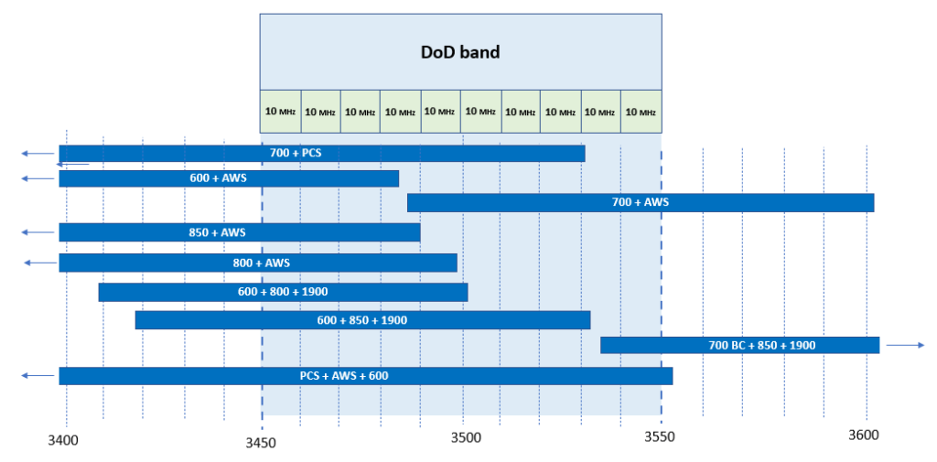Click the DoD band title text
[460, 51]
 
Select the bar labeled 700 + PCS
[321, 153]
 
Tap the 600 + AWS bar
[229, 178]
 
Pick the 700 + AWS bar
[641, 203]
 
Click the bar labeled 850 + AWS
[239, 232]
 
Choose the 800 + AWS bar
[258, 263]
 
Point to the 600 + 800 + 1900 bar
[283, 292]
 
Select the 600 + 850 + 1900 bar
[362, 320]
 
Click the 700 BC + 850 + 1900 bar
[739, 345]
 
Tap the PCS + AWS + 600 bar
[365, 376]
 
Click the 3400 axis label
[63, 441]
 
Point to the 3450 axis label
[263, 442]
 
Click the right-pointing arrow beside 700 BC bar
[906, 345]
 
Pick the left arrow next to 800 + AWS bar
[40, 263]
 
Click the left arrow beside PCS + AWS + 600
[38, 376]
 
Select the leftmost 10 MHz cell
[280, 112]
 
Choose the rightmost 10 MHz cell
[641, 112]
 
